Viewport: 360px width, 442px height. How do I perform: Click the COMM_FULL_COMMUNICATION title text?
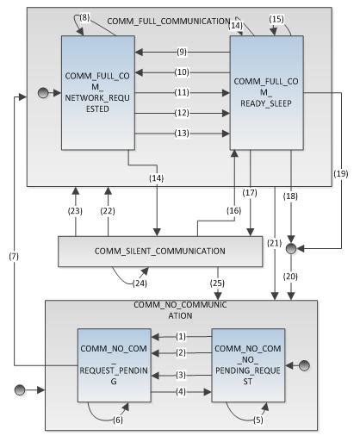pos(168,19)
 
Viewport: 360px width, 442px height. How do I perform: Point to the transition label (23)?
pos(74,209)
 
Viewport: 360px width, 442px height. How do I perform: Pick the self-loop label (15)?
pos(276,19)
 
